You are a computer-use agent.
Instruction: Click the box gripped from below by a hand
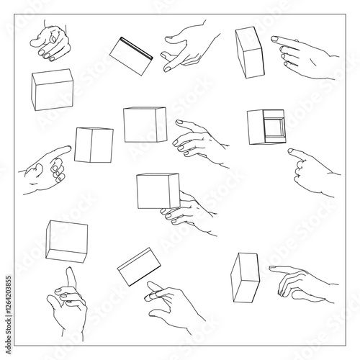click(x=158, y=190)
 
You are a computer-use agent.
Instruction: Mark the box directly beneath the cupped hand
click(x=53, y=90)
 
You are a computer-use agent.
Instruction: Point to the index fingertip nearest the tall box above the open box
click(x=274, y=38)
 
